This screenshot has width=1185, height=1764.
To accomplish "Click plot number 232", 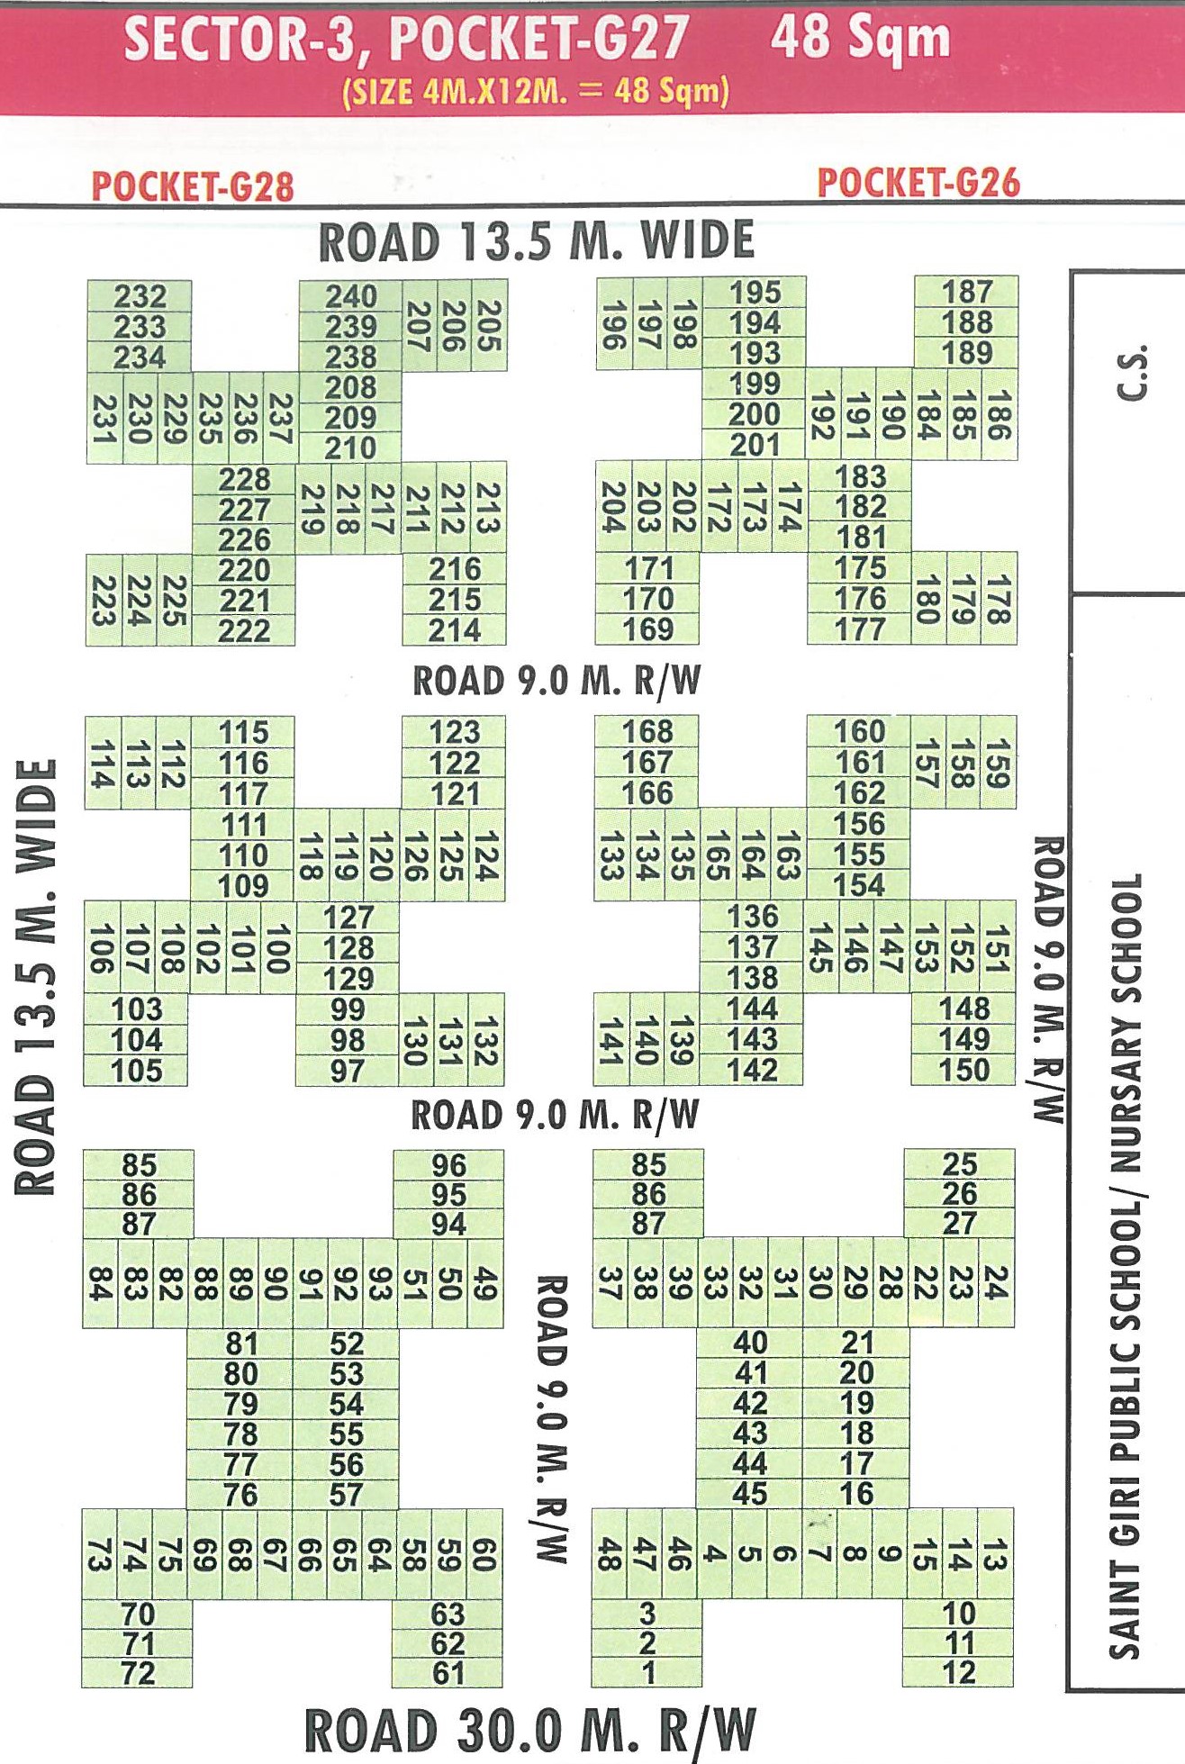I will coord(140,296).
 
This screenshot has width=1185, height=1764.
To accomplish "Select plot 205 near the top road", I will coord(489,325).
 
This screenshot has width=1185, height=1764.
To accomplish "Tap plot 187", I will coord(966,292).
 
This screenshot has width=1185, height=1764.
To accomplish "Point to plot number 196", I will coord(613,325).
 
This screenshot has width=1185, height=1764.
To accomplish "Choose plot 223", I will coord(103,601).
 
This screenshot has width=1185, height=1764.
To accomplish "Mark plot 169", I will coord(647,629).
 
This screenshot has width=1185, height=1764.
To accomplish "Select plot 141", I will coord(611,1040).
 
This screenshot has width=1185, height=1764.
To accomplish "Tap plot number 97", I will coord(348,1072).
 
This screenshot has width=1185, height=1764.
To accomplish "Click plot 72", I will coord(138,1673).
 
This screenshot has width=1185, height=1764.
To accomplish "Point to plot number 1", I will coord(647,1673).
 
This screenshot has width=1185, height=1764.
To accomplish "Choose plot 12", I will coord(959,1673).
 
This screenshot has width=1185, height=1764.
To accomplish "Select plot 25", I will coord(959,1164).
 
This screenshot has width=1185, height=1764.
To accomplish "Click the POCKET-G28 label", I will coord(193,186).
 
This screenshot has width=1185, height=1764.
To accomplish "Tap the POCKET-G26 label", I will coord(918,183).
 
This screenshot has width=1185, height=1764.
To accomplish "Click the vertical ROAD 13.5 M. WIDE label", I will coord(38,977).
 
